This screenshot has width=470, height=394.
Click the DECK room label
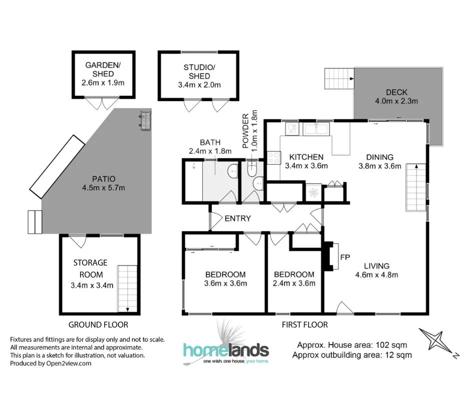(396, 92)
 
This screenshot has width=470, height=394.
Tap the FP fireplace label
(344, 257)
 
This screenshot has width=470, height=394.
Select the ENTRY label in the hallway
(237, 218)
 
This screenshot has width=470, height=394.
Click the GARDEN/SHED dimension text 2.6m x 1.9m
(103, 83)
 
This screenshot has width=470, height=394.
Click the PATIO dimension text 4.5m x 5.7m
(103, 188)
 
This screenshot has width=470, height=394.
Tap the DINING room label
(379, 157)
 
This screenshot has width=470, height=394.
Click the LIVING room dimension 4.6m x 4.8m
(376, 274)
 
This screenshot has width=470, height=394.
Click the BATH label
(210, 142)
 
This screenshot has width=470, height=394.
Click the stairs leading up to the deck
(339, 78)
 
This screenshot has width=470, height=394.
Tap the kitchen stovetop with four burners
(274, 158)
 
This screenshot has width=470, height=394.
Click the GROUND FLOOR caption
(98, 324)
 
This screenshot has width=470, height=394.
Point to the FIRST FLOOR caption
(304, 325)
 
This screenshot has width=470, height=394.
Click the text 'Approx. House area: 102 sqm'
(351, 345)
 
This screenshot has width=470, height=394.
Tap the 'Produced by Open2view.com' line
(51, 363)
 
